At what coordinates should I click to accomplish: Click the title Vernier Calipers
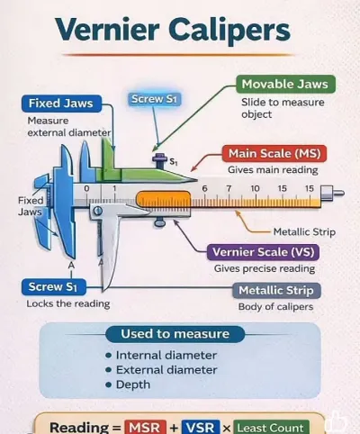pyautogui.click(x=173, y=31)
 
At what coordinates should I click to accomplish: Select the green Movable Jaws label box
pyautogui.click(x=285, y=84)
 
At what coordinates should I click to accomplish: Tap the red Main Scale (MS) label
pyautogui.click(x=274, y=153)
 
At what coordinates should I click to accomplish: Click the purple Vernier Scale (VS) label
pyautogui.click(x=263, y=252)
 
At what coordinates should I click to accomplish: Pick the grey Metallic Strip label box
pyautogui.click(x=276, y=291)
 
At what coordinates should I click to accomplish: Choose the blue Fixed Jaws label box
pyautogui.click(x=61, y=104)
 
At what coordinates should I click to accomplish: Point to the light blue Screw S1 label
pyautogui.click(x=155, y=99)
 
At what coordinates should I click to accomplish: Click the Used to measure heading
pyautogui.click(x=175, y=334)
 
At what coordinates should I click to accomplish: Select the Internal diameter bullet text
pyautogui.click(x=166, y=356)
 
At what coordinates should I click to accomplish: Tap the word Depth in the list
pyautogui.click(x=133, y=384)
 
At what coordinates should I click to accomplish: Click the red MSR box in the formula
pyautogui.click(x=146, y=427)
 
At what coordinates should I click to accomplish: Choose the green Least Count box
pyautogui.click(x=271, y=428)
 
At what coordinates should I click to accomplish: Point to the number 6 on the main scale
pyautogui.click(x=204, y=188)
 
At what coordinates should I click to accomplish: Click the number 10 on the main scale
pyautogui.click(x=255, y=188)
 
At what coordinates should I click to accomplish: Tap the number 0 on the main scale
pyautogui.click(x=86, y=188)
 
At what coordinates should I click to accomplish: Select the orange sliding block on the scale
pyautogui.click(x=163, y=198)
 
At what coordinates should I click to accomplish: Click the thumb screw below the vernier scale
pyautogui.click(x=159, y=222)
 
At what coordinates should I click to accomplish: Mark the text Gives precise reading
pyautogui.click(x=265, y=268)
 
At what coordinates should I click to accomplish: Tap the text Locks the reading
pyautogui.click(x=68, y=303)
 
